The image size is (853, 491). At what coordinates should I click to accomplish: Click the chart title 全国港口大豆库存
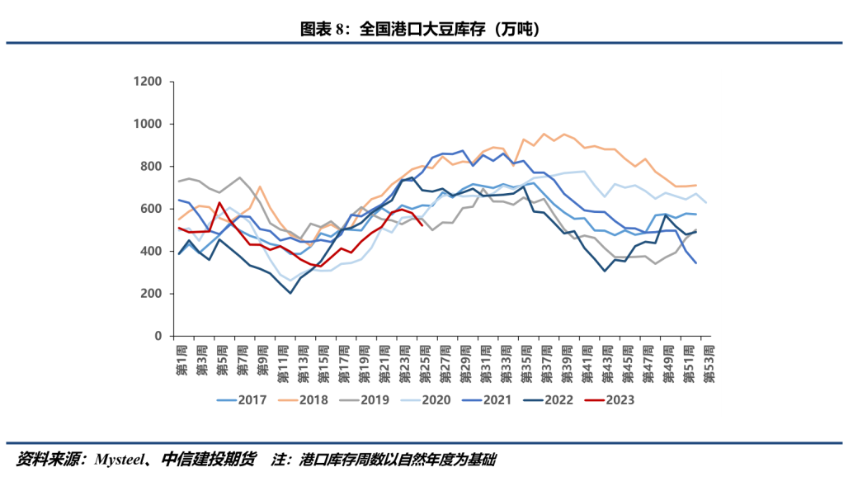[x=426, y=30]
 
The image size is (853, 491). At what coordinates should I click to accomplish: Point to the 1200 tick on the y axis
[x=150, y=82]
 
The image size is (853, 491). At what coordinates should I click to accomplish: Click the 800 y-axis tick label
[x=153, y=167]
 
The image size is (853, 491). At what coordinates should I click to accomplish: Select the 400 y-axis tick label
[x=153, y=252]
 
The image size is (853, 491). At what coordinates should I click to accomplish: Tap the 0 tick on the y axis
[x=161, y=337]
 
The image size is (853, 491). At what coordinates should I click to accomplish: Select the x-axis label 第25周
[x=422, y=361]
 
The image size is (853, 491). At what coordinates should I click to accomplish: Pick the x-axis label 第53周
[x=706, y=361]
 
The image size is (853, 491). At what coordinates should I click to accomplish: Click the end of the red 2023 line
[x=422, y=224]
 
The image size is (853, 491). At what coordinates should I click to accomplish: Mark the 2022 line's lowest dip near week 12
[x=290, y=293]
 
